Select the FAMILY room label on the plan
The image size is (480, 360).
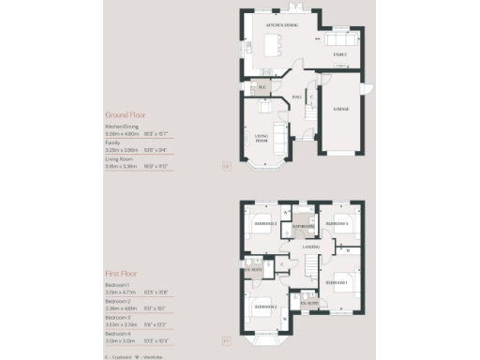coord(339,55)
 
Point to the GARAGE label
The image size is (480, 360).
coord(338,109)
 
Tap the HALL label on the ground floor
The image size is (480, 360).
coord(296,97)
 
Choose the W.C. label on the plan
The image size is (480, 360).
coord(262,90)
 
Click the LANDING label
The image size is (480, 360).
coord(311,247)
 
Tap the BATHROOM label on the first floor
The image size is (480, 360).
coord(301,226)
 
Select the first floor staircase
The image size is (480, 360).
coord(309,265)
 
